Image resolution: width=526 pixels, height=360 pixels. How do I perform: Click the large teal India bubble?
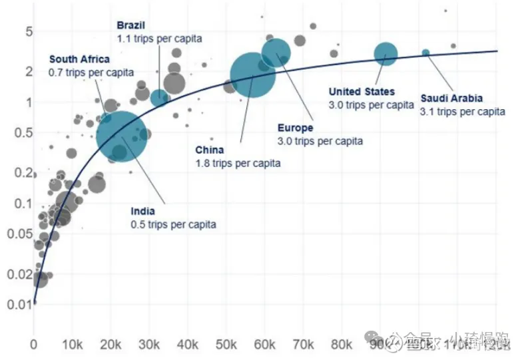pos(121,135)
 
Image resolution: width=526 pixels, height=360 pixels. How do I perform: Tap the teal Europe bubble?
pos(276,53)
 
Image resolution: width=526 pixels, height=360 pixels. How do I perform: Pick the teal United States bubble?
pos(385,54)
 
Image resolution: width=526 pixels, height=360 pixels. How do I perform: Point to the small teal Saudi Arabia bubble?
pos(425,53)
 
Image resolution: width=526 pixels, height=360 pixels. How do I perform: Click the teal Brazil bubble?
pos(159,98)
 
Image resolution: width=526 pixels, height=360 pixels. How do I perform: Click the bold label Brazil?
pos(131,25)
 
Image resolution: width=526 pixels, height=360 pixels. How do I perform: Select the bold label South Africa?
pos(79,59)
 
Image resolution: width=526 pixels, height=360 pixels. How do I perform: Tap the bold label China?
pos(210,150)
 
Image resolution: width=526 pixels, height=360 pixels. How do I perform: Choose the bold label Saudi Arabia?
pos(451,98)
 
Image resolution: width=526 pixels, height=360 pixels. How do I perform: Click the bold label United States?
pos(362,92)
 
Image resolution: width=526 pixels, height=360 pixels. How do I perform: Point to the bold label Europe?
pos(295,128)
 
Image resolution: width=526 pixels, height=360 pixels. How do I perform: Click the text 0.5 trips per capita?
pos(173,224)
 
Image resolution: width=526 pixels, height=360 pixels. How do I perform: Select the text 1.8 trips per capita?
pos(238,162)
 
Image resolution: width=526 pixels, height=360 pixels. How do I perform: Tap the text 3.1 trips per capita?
pos(462,111)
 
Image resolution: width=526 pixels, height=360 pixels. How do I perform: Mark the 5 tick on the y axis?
pos(29,32)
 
